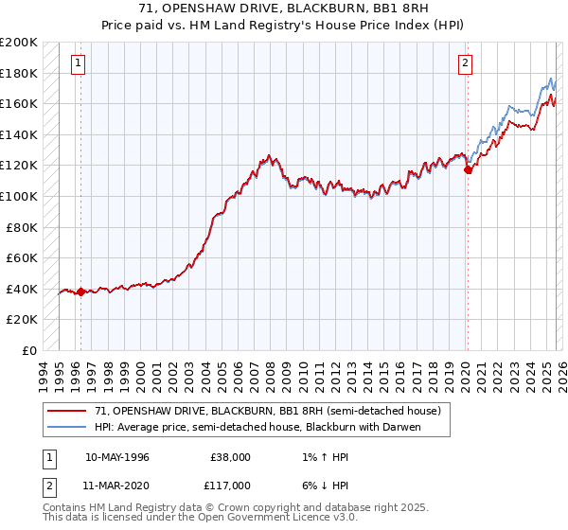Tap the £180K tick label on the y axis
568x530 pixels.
[x=19, y=73]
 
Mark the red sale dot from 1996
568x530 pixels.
[x=80, y=291]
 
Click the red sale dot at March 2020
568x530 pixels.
[x=468, y=170]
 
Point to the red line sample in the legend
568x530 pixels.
[x=68, y=412]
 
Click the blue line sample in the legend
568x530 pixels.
[x=68, y=428]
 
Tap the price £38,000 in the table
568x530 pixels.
[x=230, y=457]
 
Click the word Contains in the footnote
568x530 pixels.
[x=65, y=508]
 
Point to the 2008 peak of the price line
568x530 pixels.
[x=270, y=155]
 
